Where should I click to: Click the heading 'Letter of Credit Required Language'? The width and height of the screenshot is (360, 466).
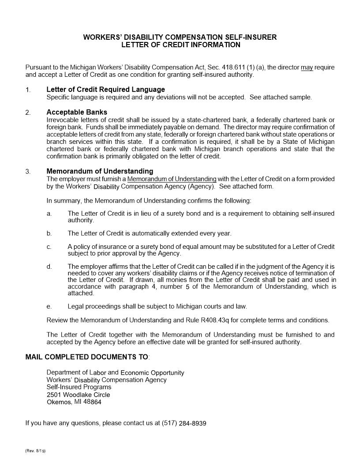[x=105, y=90]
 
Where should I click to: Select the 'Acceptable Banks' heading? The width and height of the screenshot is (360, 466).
[x=77, y=112]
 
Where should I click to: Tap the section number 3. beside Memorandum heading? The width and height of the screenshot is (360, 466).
[x=28, y=171]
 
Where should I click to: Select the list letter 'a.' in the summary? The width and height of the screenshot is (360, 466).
[x=49, y=214]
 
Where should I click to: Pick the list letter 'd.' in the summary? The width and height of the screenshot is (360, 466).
[x=49, y=267]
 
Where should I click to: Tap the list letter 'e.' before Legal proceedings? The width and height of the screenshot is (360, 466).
[x=49, y=306]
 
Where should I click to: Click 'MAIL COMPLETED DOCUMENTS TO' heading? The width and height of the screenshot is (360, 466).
[x=87, y=357]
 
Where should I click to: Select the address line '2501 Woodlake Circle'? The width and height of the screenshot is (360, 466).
[x=78, y=395]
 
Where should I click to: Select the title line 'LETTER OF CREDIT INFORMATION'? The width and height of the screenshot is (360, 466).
[x=181, y=45]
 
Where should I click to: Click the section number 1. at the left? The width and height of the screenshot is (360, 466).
[x=28, y=90]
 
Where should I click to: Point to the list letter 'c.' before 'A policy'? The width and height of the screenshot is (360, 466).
[x=49, y=246]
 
